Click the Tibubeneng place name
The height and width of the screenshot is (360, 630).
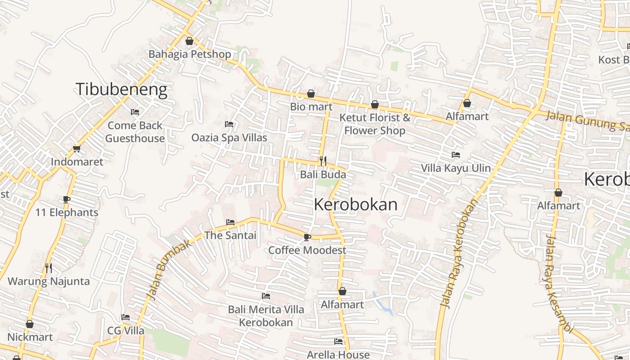click(x=121, y=90)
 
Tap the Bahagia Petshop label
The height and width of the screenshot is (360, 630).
click(x=189, y=54)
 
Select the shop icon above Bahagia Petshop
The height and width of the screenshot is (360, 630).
click(x=189, y=41)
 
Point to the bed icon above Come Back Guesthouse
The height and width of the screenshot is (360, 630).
click(x=135, y=112)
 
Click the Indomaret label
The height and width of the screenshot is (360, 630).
click(x=77, y=162)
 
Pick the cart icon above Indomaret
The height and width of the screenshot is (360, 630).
click(x=76, y=149)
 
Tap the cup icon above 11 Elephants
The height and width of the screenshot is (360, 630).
click(x=67, y=199)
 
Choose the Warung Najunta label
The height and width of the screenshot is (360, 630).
click(x=49, y=281)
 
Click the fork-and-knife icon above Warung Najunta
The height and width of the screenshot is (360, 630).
click(x=49, y=268)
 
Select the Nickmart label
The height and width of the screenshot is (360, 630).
click(x=30, y=337)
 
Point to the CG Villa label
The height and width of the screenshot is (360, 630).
click(x=126, y=331)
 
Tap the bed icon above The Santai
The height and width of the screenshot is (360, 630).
click(x=230, y=222)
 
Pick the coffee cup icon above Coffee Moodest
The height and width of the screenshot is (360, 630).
click(x=307, y=237)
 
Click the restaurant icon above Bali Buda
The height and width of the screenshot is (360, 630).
click(x=323, y=161)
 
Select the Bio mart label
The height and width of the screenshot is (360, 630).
click(x=311, y=107)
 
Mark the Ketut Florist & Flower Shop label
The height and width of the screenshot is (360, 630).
click(x=374, y=124)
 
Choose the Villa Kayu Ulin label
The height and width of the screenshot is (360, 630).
click(x=455, y=168)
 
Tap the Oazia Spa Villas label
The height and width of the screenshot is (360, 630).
click(x=229, y=138)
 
